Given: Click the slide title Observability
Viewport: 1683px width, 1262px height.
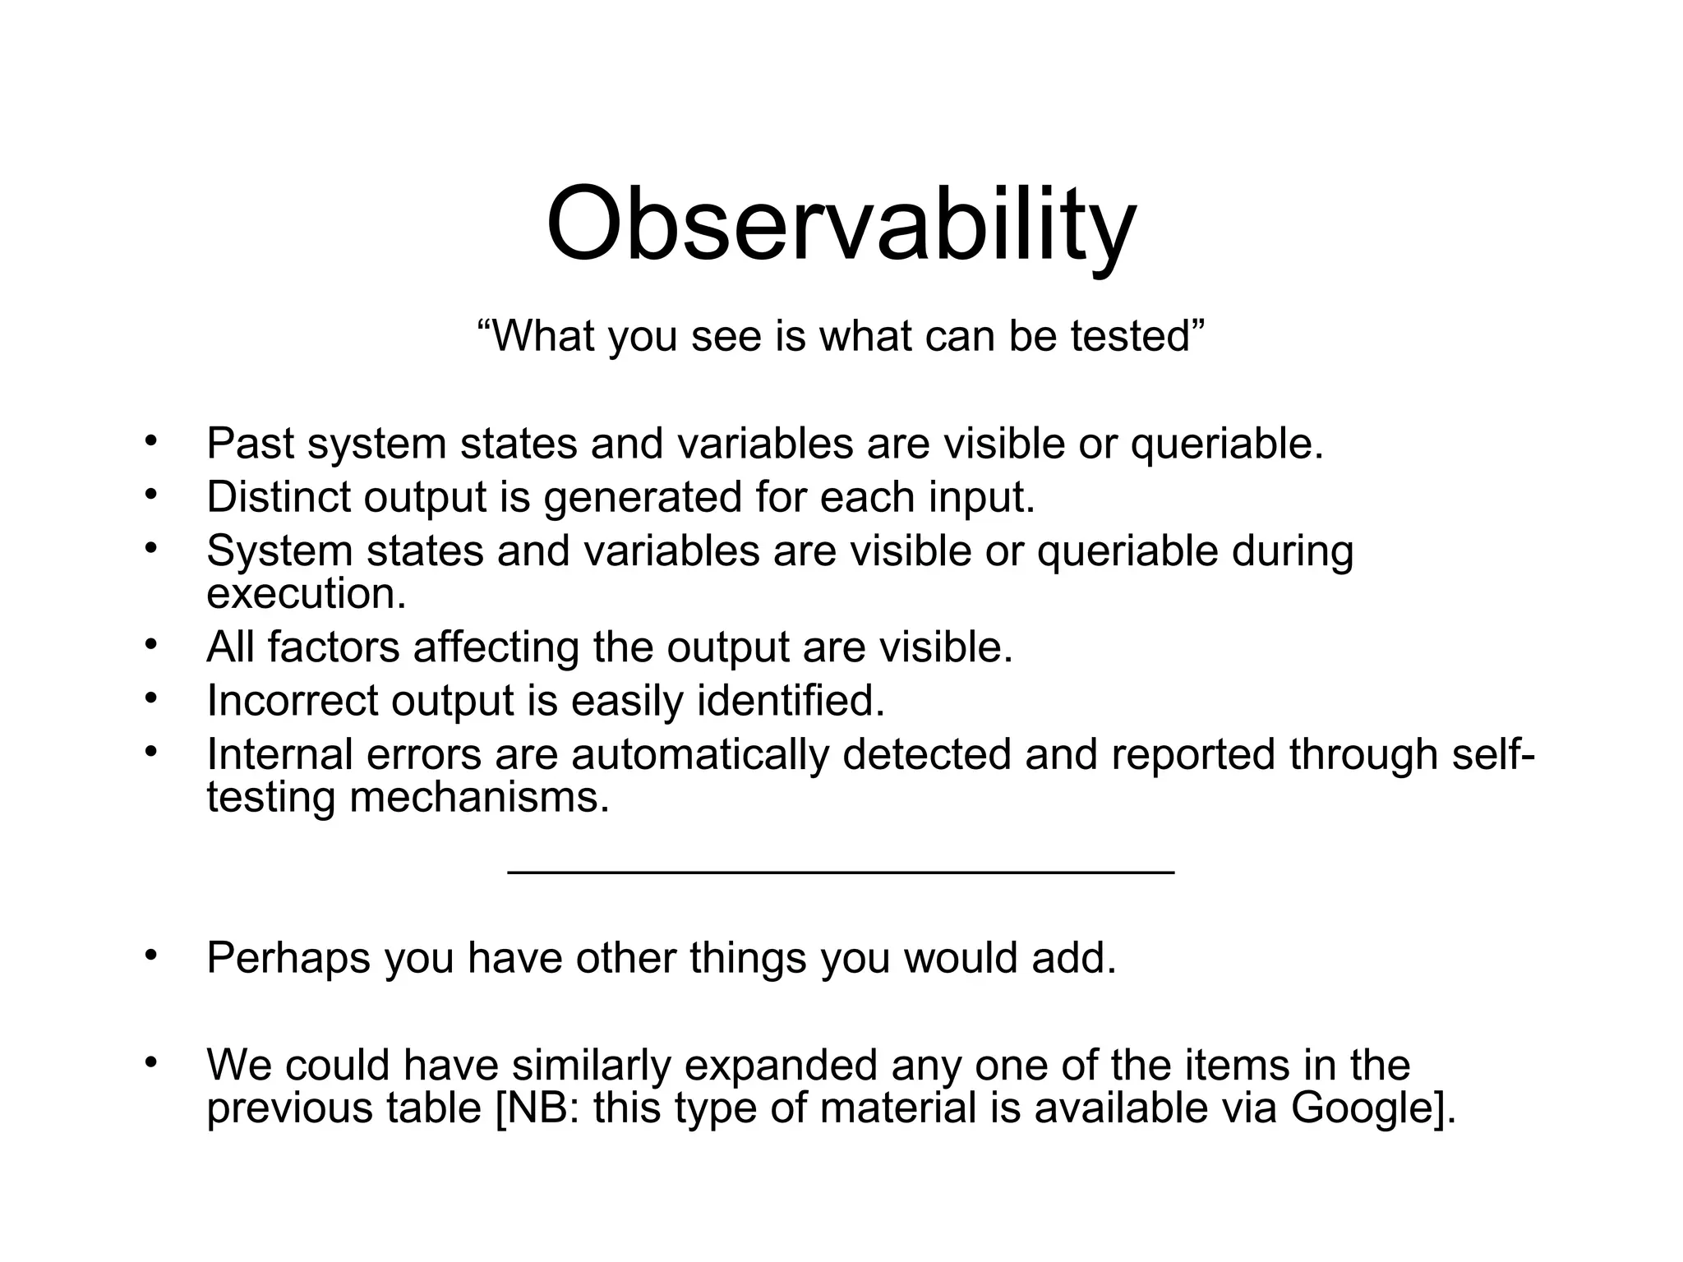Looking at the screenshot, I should click(x=841, y=226).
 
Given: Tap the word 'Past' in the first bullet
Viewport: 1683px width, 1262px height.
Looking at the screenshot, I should click(x=250, y=444).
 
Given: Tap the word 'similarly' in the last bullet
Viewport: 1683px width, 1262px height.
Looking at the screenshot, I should click(x=592, y=1065).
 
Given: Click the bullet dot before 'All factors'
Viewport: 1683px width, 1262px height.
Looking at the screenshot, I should click(x=150, y=644).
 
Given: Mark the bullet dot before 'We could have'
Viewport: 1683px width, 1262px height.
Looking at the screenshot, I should click(x=150, y=1062).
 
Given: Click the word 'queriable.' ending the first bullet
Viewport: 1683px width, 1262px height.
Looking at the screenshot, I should click(x=1227, y=444).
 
